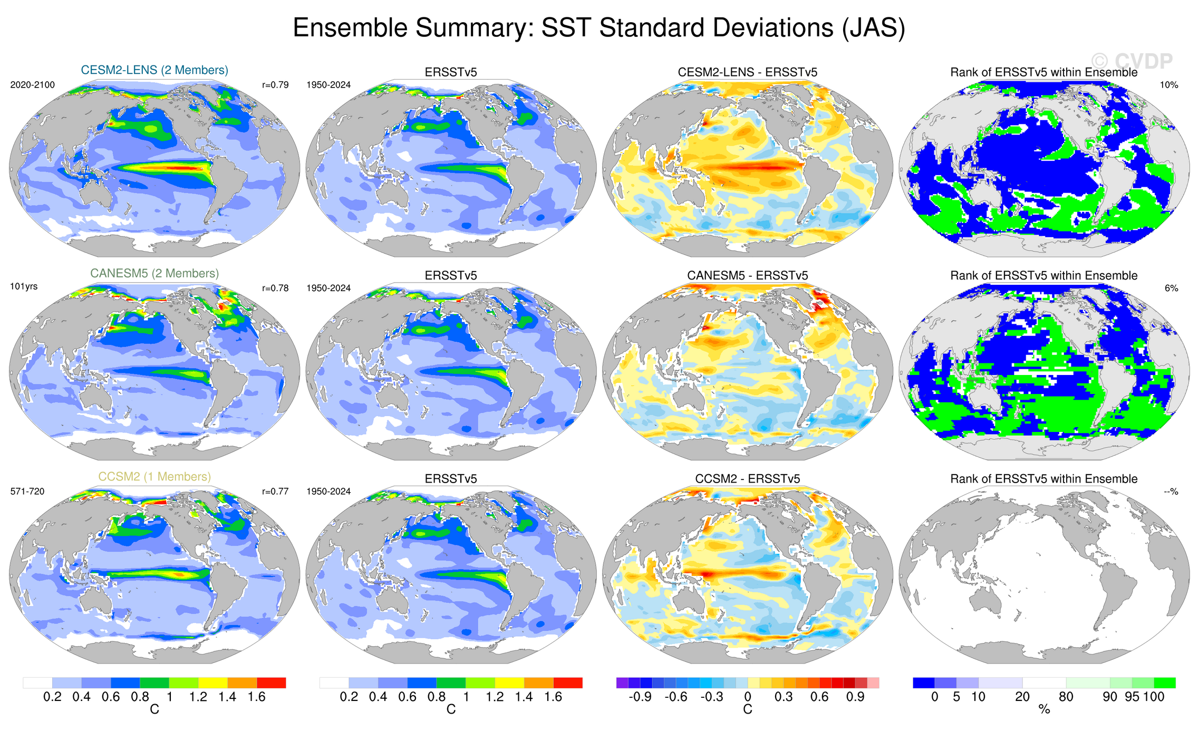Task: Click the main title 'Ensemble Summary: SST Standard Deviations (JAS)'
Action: [x=598, y=27]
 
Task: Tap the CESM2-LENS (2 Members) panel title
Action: [x=154, y=70]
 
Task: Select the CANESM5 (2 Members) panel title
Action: [x=154, y=273]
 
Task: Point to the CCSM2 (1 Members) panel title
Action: [x=154, y=477]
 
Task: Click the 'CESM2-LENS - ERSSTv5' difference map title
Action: [x=747, y=72]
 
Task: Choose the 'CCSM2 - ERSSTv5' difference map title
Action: [x=747, y=479]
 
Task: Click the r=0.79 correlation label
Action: [x=275, y=85]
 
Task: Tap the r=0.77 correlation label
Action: [x=275, y=492]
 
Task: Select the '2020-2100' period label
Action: [x=32, y=85]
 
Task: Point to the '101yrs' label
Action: [x=24, y=287]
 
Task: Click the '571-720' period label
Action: [x=27, y=492]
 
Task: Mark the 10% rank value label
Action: [x=1169, y=85]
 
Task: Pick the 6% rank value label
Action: [x=1171, y=288]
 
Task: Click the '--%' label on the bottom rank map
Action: [x=1171, y=492]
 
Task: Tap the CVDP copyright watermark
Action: [x=1132, y=61]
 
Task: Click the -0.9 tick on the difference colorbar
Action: [x=640, y=697]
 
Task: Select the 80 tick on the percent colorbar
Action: [x=1066, y=697]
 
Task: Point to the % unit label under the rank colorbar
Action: [x=1044, y=710]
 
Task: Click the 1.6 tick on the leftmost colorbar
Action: [x=257, y=697]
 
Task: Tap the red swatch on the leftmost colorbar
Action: [x=271, y=683]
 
